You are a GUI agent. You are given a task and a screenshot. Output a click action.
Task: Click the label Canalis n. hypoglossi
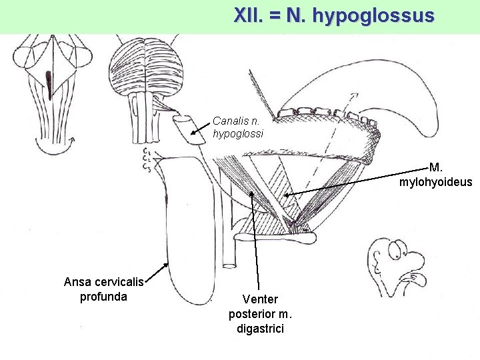click(x=237, y=127)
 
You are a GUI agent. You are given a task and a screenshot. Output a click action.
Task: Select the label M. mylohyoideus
click(x=436, y=175)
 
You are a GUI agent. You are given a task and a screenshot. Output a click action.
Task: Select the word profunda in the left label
click(x=103, y=296)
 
